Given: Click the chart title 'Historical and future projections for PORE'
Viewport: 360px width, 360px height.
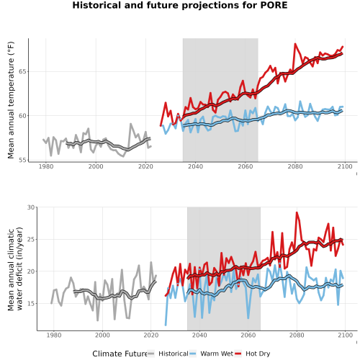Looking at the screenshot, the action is click(x=180, y=5).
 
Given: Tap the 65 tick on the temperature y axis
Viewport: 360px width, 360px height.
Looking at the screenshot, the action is click(x=23, y=71).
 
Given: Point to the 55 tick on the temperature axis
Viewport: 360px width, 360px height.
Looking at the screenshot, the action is click(x=23, y=160).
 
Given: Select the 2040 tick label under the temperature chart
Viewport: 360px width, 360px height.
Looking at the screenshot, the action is click(x=195, y=166).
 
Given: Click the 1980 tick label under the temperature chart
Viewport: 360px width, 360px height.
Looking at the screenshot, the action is click(x=46, y=166).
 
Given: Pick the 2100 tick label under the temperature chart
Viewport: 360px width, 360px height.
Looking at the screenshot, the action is click(x=345, y=166).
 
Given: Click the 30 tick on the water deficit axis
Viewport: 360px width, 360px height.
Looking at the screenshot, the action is click(x=31, y=207).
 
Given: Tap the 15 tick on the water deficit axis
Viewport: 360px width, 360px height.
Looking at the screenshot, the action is click(x=31, y=304).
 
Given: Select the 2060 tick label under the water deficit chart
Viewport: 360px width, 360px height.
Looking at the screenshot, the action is click(x=248, y=335).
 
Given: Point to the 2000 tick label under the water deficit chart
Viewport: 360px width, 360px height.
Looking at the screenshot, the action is click(x=102, y=335).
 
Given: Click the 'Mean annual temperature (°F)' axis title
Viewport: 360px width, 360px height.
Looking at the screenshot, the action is click(x=11, y=100).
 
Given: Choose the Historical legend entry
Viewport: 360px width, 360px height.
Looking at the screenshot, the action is click(x=168, y=354).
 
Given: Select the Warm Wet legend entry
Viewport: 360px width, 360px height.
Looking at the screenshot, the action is click(x=212, y=354).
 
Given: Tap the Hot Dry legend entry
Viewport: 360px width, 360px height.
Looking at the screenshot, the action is click(x=253, y=354).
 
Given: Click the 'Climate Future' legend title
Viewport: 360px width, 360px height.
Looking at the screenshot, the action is click(x=120, y=354).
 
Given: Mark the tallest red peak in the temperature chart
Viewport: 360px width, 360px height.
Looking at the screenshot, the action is click(x=295, y=44).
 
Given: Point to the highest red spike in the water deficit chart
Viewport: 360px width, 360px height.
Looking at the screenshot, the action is click(x=297, y=212).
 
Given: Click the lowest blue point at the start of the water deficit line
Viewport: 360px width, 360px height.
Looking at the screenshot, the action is click(x=166, y=325).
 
